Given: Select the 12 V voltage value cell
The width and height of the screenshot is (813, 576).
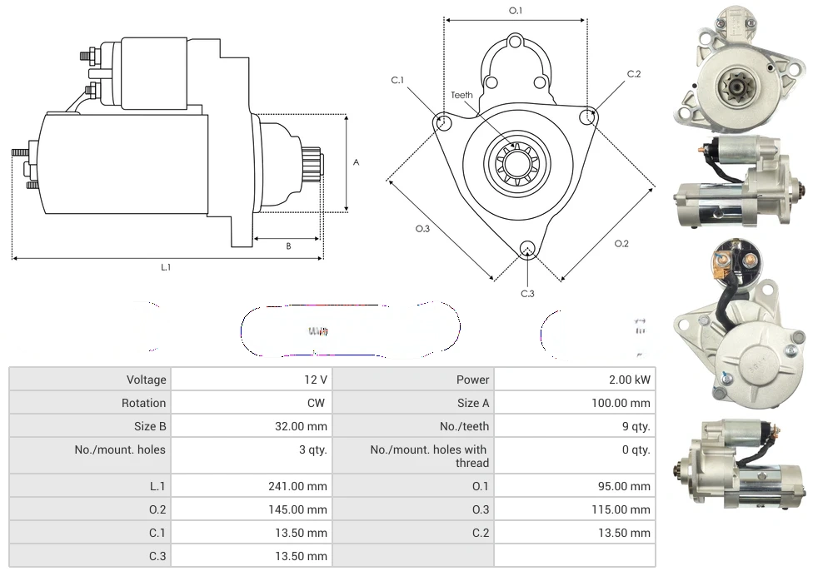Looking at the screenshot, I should (315, 380).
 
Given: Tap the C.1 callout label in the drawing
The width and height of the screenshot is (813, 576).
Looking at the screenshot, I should (397, 81).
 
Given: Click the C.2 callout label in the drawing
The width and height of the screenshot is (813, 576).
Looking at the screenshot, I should (634, 74).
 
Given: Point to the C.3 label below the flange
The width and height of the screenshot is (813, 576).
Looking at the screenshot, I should (527, 293).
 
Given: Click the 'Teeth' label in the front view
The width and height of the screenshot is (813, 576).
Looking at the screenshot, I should (461, 95).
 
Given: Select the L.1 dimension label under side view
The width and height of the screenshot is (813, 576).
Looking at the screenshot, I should (166, 267).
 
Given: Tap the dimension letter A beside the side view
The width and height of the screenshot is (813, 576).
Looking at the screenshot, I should (356, 162).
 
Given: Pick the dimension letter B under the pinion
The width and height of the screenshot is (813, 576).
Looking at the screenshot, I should (288, 246).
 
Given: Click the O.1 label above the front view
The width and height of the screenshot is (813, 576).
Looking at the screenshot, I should (516, 11).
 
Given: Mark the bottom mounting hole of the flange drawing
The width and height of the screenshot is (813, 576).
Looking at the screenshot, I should (526, 250).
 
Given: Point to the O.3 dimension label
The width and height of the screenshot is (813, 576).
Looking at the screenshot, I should (422, 229).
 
